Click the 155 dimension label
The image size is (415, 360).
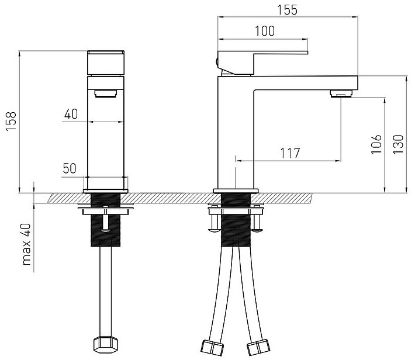(x=287, y=10)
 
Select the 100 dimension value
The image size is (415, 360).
(x=265, y=31)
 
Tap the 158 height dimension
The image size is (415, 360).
(x=11, y=122)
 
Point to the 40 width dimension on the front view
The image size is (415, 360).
(x=71, y=114)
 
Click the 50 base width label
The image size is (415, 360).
(x=70, y=168)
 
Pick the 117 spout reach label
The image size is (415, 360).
(x=290, y=153)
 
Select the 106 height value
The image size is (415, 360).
(x=376, y=144)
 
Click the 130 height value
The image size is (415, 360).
(x=398, y=144)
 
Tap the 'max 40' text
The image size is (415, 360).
(x=26, y=244)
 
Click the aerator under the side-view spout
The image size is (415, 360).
(x=341, y=94)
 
